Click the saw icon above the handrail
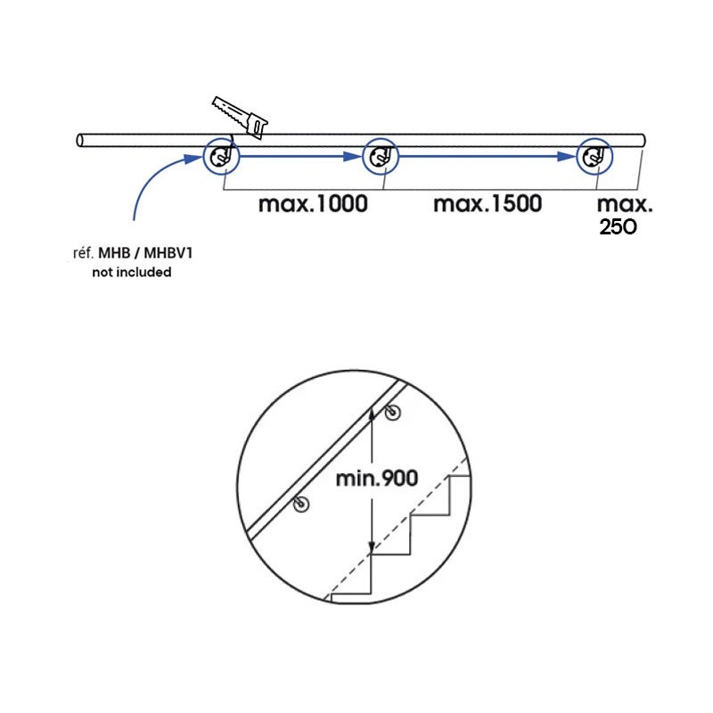click(x=240, y=117)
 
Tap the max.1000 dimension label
click(x=313, y=204)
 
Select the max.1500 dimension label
click(x=488, y=204)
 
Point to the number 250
click(x=618, y=227)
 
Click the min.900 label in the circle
click(x=376, y=479)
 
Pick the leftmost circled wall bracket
click(x=221, y=157)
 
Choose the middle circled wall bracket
click(x=381, y=157)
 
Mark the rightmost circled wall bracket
click(x=594, y=157)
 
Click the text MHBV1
click(x=168, y=253)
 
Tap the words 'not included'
click(x=132, y=273)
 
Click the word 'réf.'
click(x=83, y=253)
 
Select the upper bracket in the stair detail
click(x=392, y=413)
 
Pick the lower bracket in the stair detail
click(x=301, y=504)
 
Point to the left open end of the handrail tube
click(x=80, y=141)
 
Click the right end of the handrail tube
click(x=642, y=141)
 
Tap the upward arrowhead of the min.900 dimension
click(x=372, y=414)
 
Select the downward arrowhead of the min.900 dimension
click(x=372, y=547)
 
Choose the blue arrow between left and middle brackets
click(x=301, y=157)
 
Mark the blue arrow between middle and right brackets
click(x=488, y=157)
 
